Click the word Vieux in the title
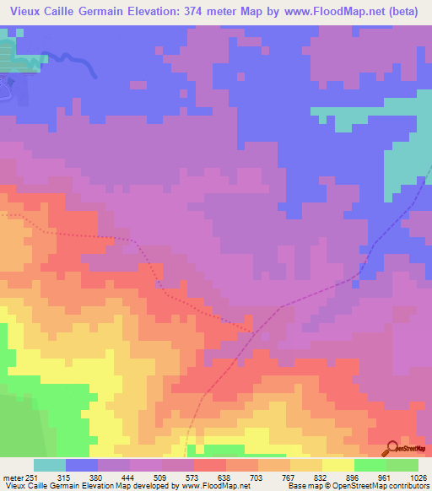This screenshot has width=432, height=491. pos(24,12)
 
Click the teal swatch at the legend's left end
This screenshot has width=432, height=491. pos(50,466)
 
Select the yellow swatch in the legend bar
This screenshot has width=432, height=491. pos(338,466)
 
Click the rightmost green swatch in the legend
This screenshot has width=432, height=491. pos(402,466)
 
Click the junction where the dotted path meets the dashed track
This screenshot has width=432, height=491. pos(251,327)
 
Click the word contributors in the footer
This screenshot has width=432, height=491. pos(411,486)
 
